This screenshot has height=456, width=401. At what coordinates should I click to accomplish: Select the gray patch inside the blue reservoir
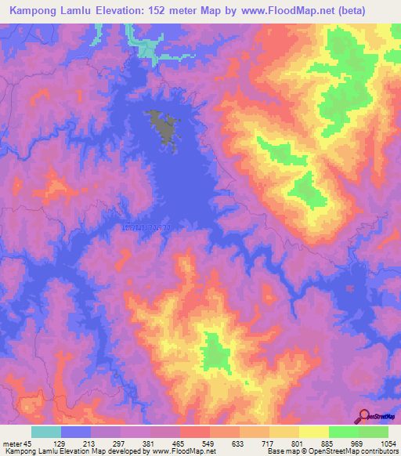tap(161, 126)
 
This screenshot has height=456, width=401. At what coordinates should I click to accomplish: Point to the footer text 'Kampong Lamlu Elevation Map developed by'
tap(67, 451)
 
